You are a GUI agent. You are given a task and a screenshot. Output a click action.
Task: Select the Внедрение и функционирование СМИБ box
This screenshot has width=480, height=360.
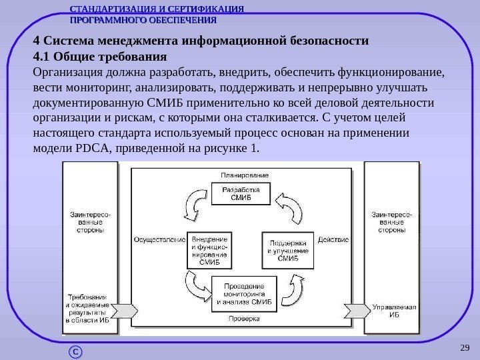(x=209, y=249)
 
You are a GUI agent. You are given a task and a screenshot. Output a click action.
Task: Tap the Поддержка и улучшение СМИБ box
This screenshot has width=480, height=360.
(x=287, y=249)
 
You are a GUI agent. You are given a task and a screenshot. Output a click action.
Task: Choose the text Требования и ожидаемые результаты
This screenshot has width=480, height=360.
(x=89, y=308)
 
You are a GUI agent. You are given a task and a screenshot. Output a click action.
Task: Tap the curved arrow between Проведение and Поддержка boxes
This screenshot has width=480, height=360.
(x=291, y=289)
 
